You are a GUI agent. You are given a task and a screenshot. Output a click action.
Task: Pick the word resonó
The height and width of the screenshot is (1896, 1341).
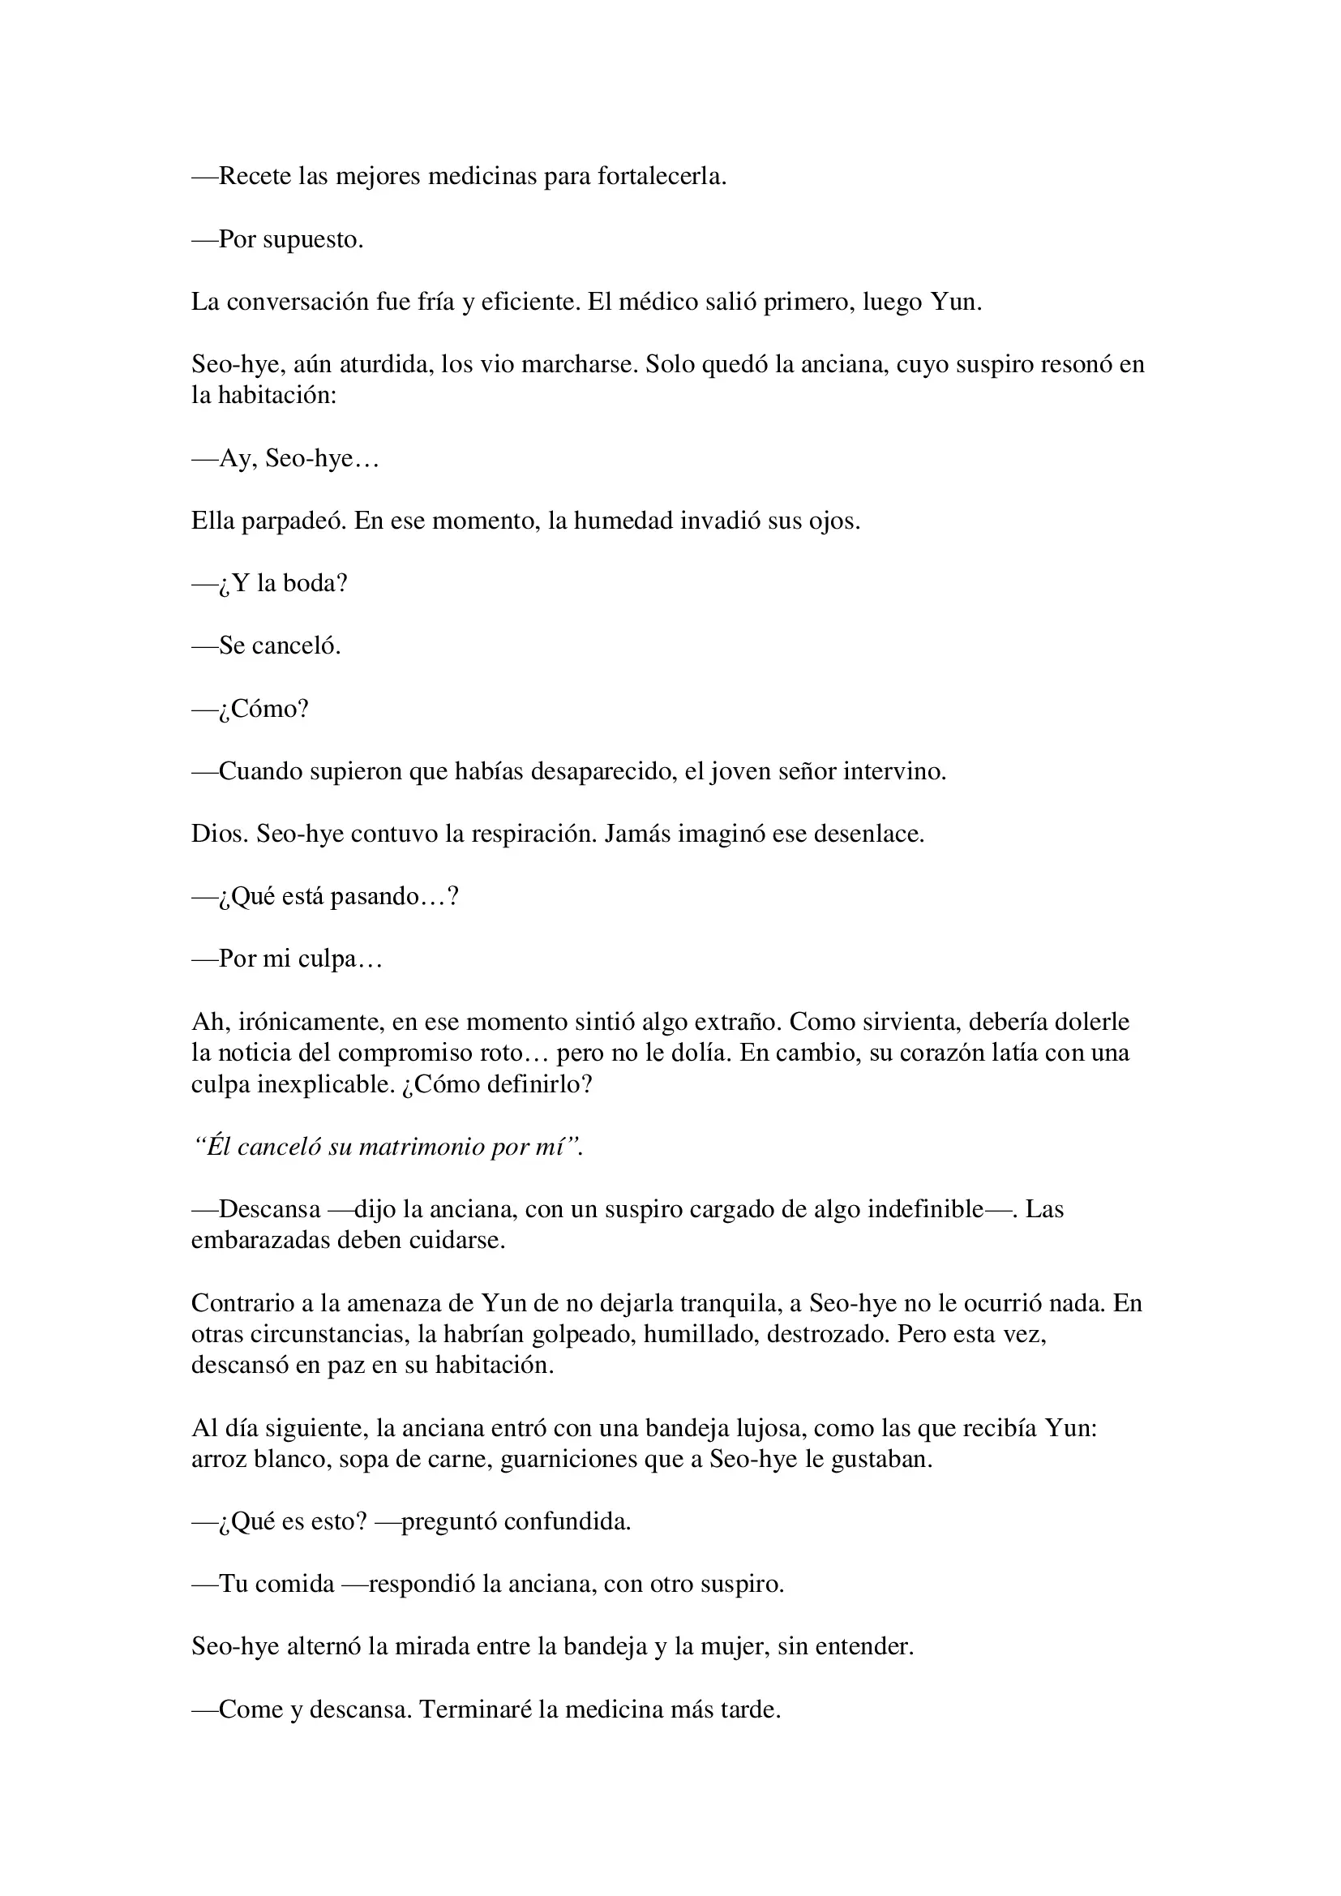click(x=1073, y=364)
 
